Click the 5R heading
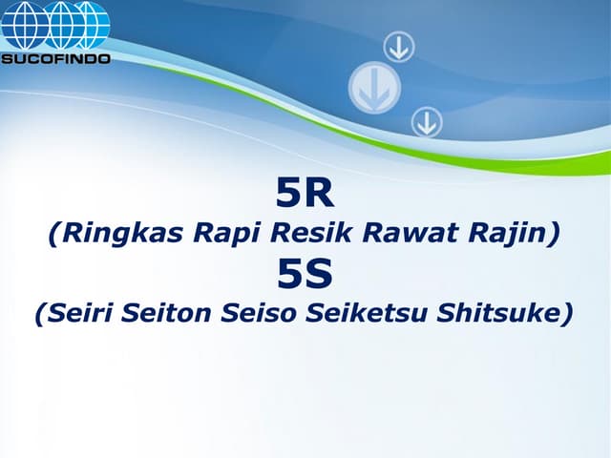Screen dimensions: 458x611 click(305, 195)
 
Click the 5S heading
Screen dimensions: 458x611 click(305, 275)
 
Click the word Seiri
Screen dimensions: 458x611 click(78, 313)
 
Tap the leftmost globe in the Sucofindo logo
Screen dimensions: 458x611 click(21, 25)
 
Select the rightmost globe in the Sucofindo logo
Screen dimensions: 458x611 click(93, 25)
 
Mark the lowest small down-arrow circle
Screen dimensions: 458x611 click(426, 121)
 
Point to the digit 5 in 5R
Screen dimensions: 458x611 click(288, 195)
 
